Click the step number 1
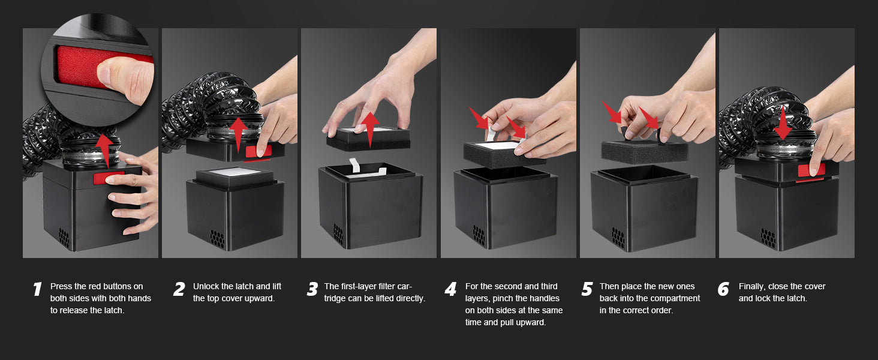point(37,289)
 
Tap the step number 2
point(179,289)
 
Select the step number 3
point(312,289)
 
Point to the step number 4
point(451,289)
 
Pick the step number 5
point(587,289)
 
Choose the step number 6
point(723,289)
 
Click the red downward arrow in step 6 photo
point(783,122)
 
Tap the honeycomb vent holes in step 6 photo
point(768,238)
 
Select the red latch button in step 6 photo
point(811,170)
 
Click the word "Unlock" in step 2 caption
point(206,286)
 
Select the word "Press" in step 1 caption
point(61,286)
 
